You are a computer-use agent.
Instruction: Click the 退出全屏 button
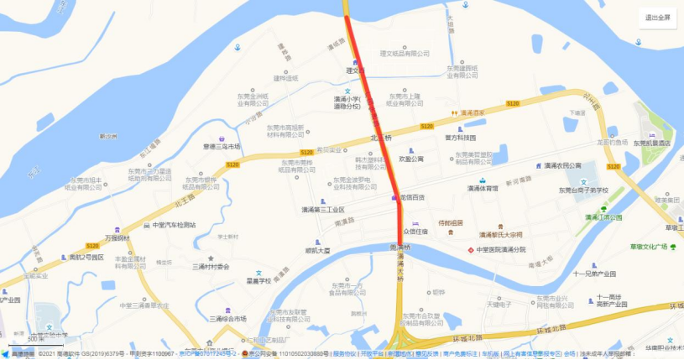pos(657,18)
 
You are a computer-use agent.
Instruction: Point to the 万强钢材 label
pos(115,238)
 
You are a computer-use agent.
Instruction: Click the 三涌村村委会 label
pos(211,266)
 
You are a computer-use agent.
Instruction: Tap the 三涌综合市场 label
pos(224,319)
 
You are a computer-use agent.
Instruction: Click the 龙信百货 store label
pos(411,198)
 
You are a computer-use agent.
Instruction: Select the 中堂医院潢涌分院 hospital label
pos(500,250)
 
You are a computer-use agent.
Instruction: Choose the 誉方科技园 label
pos(460,137)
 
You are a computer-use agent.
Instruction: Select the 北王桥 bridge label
pos(381,138)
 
